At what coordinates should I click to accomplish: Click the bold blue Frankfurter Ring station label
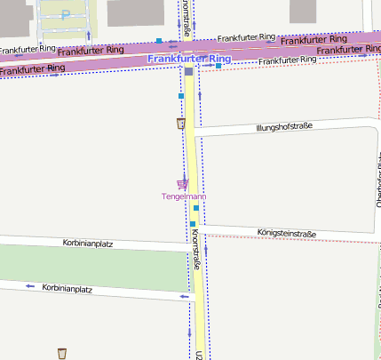[190, 59]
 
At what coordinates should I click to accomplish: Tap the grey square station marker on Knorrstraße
[188, 71]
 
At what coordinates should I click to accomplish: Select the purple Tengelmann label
[184, 196]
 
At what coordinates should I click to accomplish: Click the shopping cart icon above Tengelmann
[183, 184]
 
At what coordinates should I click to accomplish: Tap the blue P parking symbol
[66, 15]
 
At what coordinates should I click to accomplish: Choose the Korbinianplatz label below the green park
[67, 289]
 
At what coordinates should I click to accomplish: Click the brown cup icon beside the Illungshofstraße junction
[182, 124]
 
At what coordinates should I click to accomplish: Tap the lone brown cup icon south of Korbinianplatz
[62, 354]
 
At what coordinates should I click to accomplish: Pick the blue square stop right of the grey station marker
[218, 66]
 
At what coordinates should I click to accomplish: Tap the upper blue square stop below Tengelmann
[196, 208]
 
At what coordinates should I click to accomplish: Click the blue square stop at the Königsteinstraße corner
[192, 224]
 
